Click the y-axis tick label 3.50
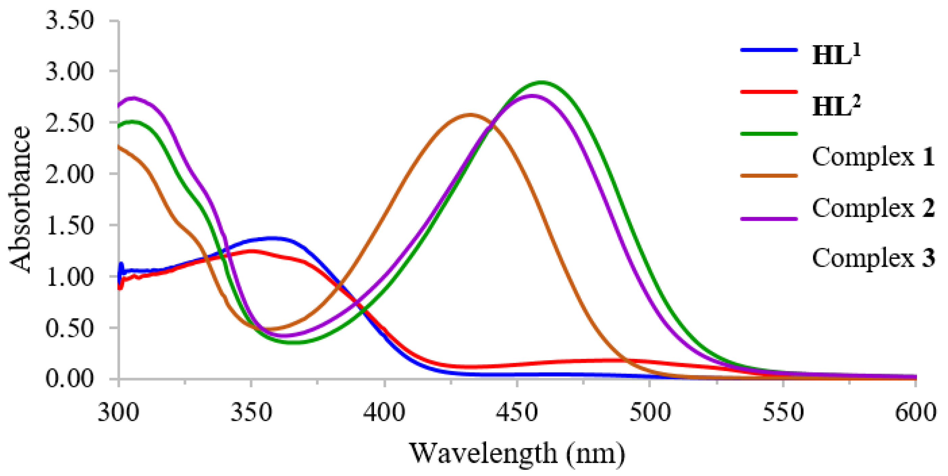click(x=70, y=20)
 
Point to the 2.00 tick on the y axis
click(x=70, y=174)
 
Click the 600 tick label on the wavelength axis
click(x=915, y=412)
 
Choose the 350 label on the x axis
click(x=251, y=412)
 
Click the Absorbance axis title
click(x=20, y=199)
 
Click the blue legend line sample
click(x=769, y=50)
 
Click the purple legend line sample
click(x=769, y=219)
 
